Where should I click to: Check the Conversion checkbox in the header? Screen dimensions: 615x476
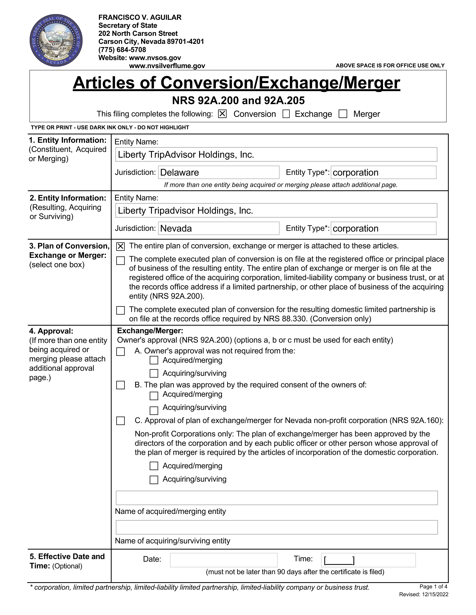(222, 114)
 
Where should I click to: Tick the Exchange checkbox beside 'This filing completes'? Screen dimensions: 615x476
(286, 114)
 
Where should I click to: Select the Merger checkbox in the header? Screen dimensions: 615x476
(343, 114)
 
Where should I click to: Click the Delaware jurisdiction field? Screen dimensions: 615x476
(219, 172)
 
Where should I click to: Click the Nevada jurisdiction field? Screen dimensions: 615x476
(219, 228)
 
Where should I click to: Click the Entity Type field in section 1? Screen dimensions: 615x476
(383, 172)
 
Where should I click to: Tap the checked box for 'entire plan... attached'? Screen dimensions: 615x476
(121, 247)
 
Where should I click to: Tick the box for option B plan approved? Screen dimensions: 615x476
(121, 385)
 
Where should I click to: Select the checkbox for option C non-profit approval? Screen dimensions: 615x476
(121, 421)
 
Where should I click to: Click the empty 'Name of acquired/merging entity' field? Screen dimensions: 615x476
(277, 498)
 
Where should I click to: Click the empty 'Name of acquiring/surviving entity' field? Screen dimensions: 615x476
(277, 527)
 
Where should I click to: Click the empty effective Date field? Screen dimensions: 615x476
(224, 560)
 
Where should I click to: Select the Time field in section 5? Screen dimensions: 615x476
(368, 560)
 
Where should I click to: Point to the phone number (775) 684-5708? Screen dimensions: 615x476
(122, 50)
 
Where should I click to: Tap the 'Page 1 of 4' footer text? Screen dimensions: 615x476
(433, 587)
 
